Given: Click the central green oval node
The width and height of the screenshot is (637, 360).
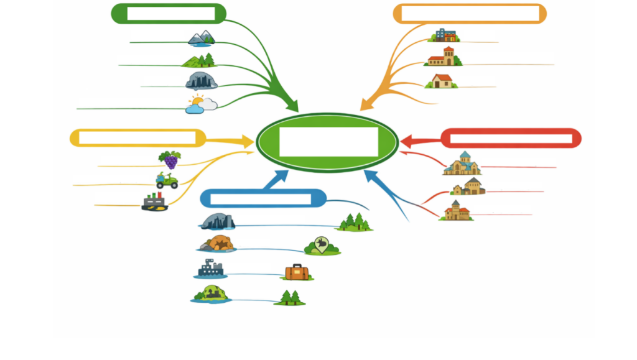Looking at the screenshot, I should pos(327,142).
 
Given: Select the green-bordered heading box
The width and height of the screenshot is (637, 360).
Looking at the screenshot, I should pos(169,14).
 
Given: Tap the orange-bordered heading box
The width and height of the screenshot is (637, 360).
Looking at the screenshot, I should pos(470,14).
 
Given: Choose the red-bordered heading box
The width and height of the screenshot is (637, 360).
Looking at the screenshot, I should pos(511,138).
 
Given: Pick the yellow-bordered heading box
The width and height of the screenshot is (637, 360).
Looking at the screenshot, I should pos(137,138).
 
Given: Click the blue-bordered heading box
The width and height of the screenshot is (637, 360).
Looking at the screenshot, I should pos(263,198).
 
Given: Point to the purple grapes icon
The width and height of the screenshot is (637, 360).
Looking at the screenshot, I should pos(170,159).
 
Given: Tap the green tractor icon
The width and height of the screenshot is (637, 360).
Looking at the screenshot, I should pos(167,181).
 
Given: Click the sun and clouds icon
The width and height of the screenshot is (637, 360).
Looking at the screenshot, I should pos(201,104).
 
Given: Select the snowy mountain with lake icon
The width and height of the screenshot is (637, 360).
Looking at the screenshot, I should pos(202,39).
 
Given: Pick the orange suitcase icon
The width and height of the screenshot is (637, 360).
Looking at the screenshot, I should pos(297,272).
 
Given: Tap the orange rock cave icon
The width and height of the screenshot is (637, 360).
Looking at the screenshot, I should pos(216,243).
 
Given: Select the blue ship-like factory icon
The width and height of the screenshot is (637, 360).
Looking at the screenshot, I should pos(210,269).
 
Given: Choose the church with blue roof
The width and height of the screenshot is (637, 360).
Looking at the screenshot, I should pos(462,164).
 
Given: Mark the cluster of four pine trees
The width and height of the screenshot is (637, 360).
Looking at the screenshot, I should pos(355,222).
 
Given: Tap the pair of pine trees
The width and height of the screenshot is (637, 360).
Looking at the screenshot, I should pos(290,297).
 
